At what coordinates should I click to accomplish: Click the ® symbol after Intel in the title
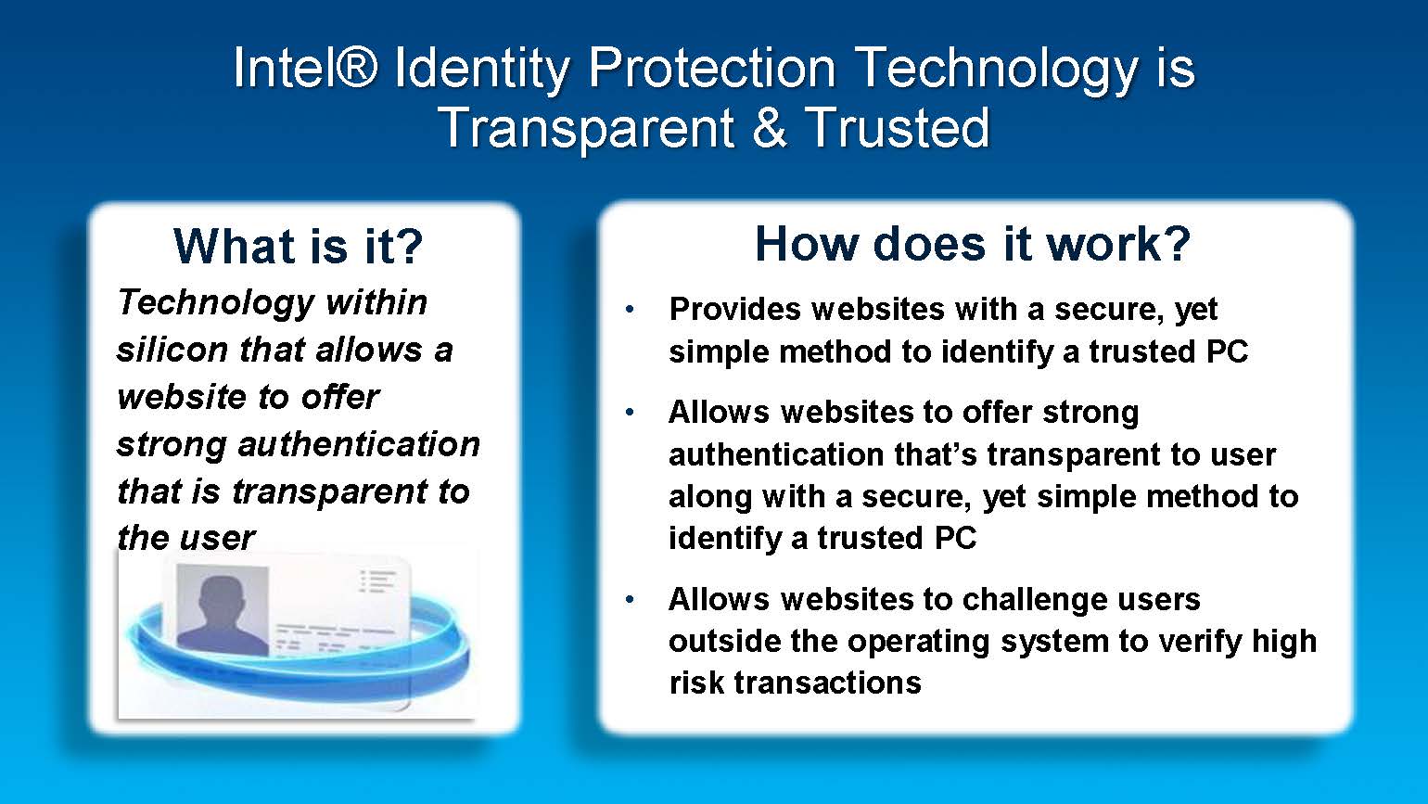(x=356, y=67)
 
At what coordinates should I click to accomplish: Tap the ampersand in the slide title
(x=769, y=128)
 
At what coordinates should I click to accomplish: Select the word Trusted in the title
(x=897, y=128)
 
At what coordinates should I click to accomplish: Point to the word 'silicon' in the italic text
(x=172, y=350)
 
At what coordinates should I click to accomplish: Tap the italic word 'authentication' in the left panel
(x=359, y=444)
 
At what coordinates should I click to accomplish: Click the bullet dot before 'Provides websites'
(x=630, y=310)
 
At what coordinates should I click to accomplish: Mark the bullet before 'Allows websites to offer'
(x=630, y=413)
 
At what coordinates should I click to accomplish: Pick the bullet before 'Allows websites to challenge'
(x=630, y=599)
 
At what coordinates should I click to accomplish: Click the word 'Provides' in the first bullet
(x=735, y=309)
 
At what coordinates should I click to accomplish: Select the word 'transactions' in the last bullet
(x=827, y=683)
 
